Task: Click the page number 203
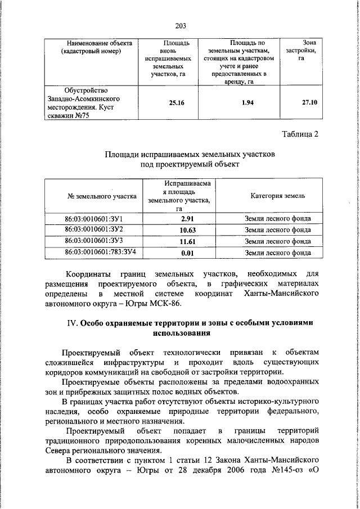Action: (x=180, y=25)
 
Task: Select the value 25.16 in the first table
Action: (x=169, y=103)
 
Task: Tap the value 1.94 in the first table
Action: (x=243, y=103)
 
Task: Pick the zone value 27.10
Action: (x=309, y=103)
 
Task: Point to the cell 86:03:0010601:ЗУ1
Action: (x=94, y=218)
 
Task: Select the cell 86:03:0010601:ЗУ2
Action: (x=94, y=229)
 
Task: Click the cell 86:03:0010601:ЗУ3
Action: (x=94, y=241)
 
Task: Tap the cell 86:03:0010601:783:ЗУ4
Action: (x=94, y=252)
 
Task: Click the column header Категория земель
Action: (x=278, y=196)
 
